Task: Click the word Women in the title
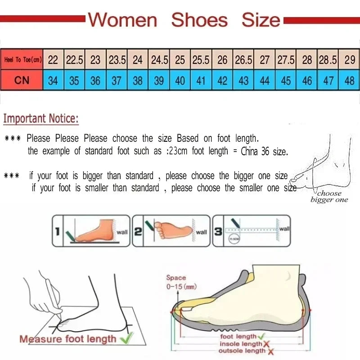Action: coord(122,20)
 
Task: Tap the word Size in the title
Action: coord(261,20)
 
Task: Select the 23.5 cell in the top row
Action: coord(117,60)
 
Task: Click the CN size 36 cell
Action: coord(95,81)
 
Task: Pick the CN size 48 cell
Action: coord(350,81)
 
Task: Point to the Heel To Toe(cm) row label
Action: coord(22,60)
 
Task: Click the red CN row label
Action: coord(22,81)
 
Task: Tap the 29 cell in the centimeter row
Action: coord(350,60)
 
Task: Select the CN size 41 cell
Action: coord(201,81)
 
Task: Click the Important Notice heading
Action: coord(41,119)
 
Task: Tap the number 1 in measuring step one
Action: coord(57,232)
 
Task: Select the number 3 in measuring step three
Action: coord(218,232)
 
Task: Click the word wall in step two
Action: coord(201,232)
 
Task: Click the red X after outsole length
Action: coord(271,351)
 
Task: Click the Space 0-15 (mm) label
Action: coord(181,282)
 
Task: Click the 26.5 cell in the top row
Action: coord(243,60)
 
